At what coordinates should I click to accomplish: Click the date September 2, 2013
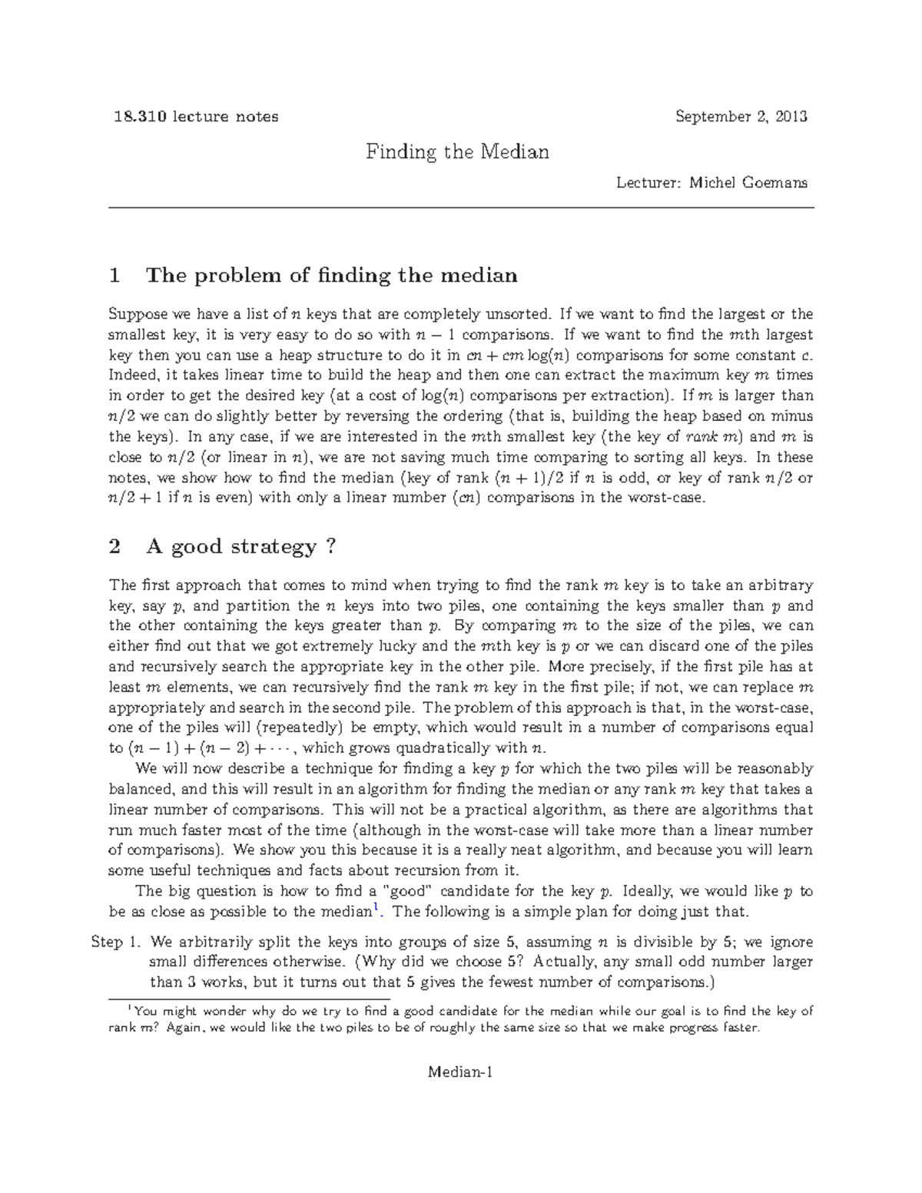pos(741,117)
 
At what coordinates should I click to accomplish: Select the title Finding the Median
pos(457,151)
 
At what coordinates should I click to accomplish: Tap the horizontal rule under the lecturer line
pos(461,208)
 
